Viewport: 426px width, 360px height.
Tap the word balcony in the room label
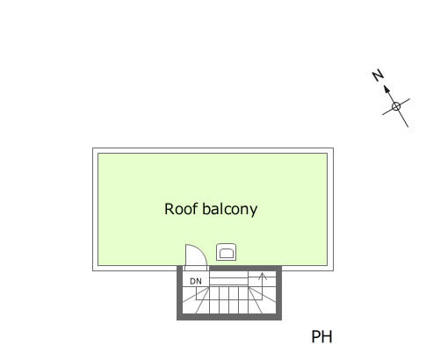[x=230, y=210]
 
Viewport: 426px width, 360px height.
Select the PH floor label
[x=321, y=337]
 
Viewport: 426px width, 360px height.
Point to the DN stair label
[x=196, y=281]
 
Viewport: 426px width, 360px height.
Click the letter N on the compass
[x=378, y=76]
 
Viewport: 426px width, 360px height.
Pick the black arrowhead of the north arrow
[x=386, y=89]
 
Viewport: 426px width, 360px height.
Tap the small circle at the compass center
[x=396, y=106]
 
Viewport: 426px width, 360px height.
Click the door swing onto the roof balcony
[x=204, y=251]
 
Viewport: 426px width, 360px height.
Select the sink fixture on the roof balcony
[x=227, y=252]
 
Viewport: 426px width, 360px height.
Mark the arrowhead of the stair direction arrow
[x=263, y=276]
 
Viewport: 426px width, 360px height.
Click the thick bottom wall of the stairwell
[x=229, y=317]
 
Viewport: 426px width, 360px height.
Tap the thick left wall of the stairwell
[x=180, y=292]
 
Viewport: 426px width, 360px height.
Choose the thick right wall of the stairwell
[x=278, y=292]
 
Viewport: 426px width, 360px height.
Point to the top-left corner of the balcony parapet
[x=93, y=148]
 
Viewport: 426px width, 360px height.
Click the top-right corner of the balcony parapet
[x=333, y=148]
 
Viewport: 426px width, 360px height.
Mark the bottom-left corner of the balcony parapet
[x=93, y=270]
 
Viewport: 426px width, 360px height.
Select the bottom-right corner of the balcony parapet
[x=333, y=270]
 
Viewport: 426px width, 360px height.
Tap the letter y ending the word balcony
[x=254, y=212]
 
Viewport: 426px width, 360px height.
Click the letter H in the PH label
[x=327, y=337]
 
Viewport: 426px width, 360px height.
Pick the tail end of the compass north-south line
[x=408, y=127]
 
